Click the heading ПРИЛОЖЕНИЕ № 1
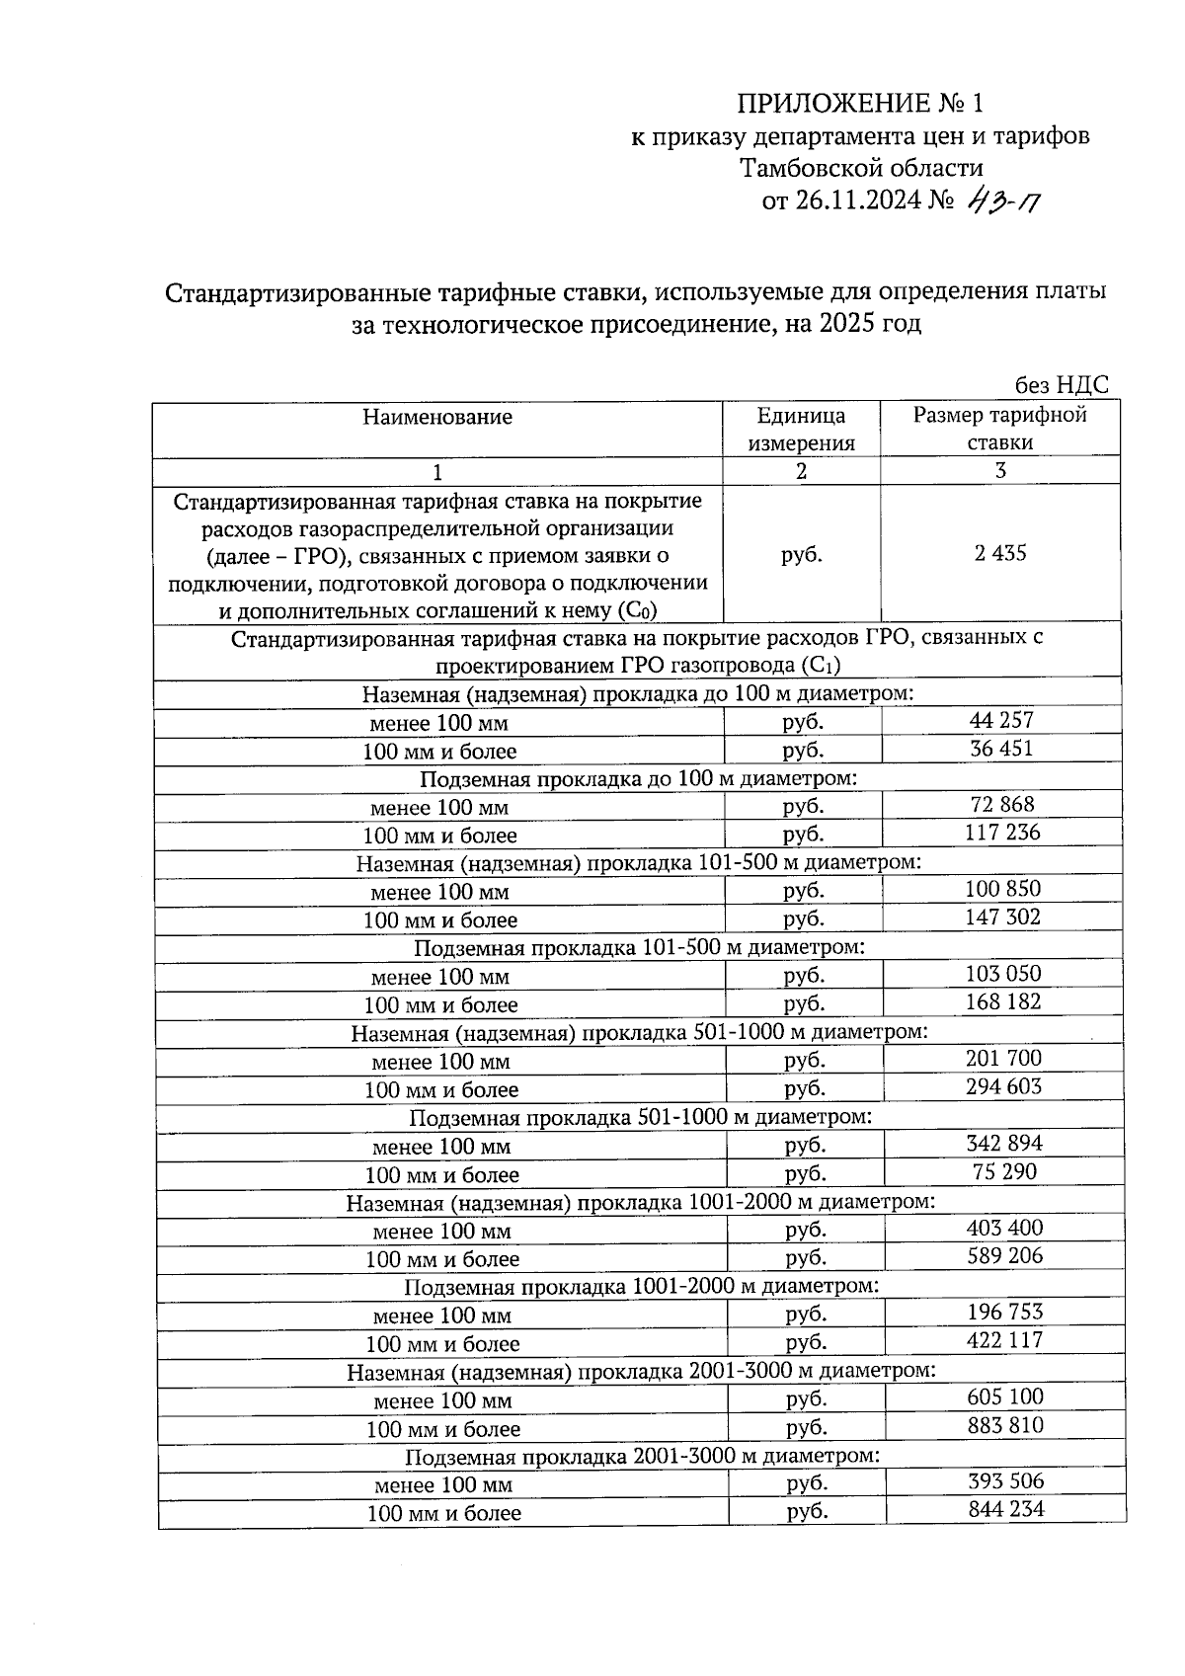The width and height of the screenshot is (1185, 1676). pos(860,104)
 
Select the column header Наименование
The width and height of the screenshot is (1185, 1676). pos(437,417)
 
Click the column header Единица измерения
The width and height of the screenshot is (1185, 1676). pos(801,429)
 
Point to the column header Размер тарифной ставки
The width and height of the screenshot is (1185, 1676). pos(999,429)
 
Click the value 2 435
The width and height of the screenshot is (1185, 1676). pos(1000,553)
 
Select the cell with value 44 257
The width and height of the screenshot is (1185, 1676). pos(1001,721)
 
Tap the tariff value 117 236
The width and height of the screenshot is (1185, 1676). pos(1002,833)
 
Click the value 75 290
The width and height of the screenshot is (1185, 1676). pos(1004,1172)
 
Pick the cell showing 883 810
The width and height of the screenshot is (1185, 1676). pos(1005,1425)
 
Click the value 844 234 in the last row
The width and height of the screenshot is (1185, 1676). pos(1006,1510)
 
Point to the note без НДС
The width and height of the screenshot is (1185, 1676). pos(1062,385)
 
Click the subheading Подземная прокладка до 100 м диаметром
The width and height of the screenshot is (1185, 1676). pos(638,778)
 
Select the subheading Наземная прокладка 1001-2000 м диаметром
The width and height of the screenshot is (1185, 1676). pos(640,1202)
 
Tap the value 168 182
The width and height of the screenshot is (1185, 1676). pos(1003,1002)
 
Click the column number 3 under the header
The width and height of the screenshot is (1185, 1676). pos(1000,470)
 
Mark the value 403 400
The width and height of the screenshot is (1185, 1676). pos(1004,1229)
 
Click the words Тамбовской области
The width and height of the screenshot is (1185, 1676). pos(861,168)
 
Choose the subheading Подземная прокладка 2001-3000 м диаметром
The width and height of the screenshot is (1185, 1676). pos(642,1456)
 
